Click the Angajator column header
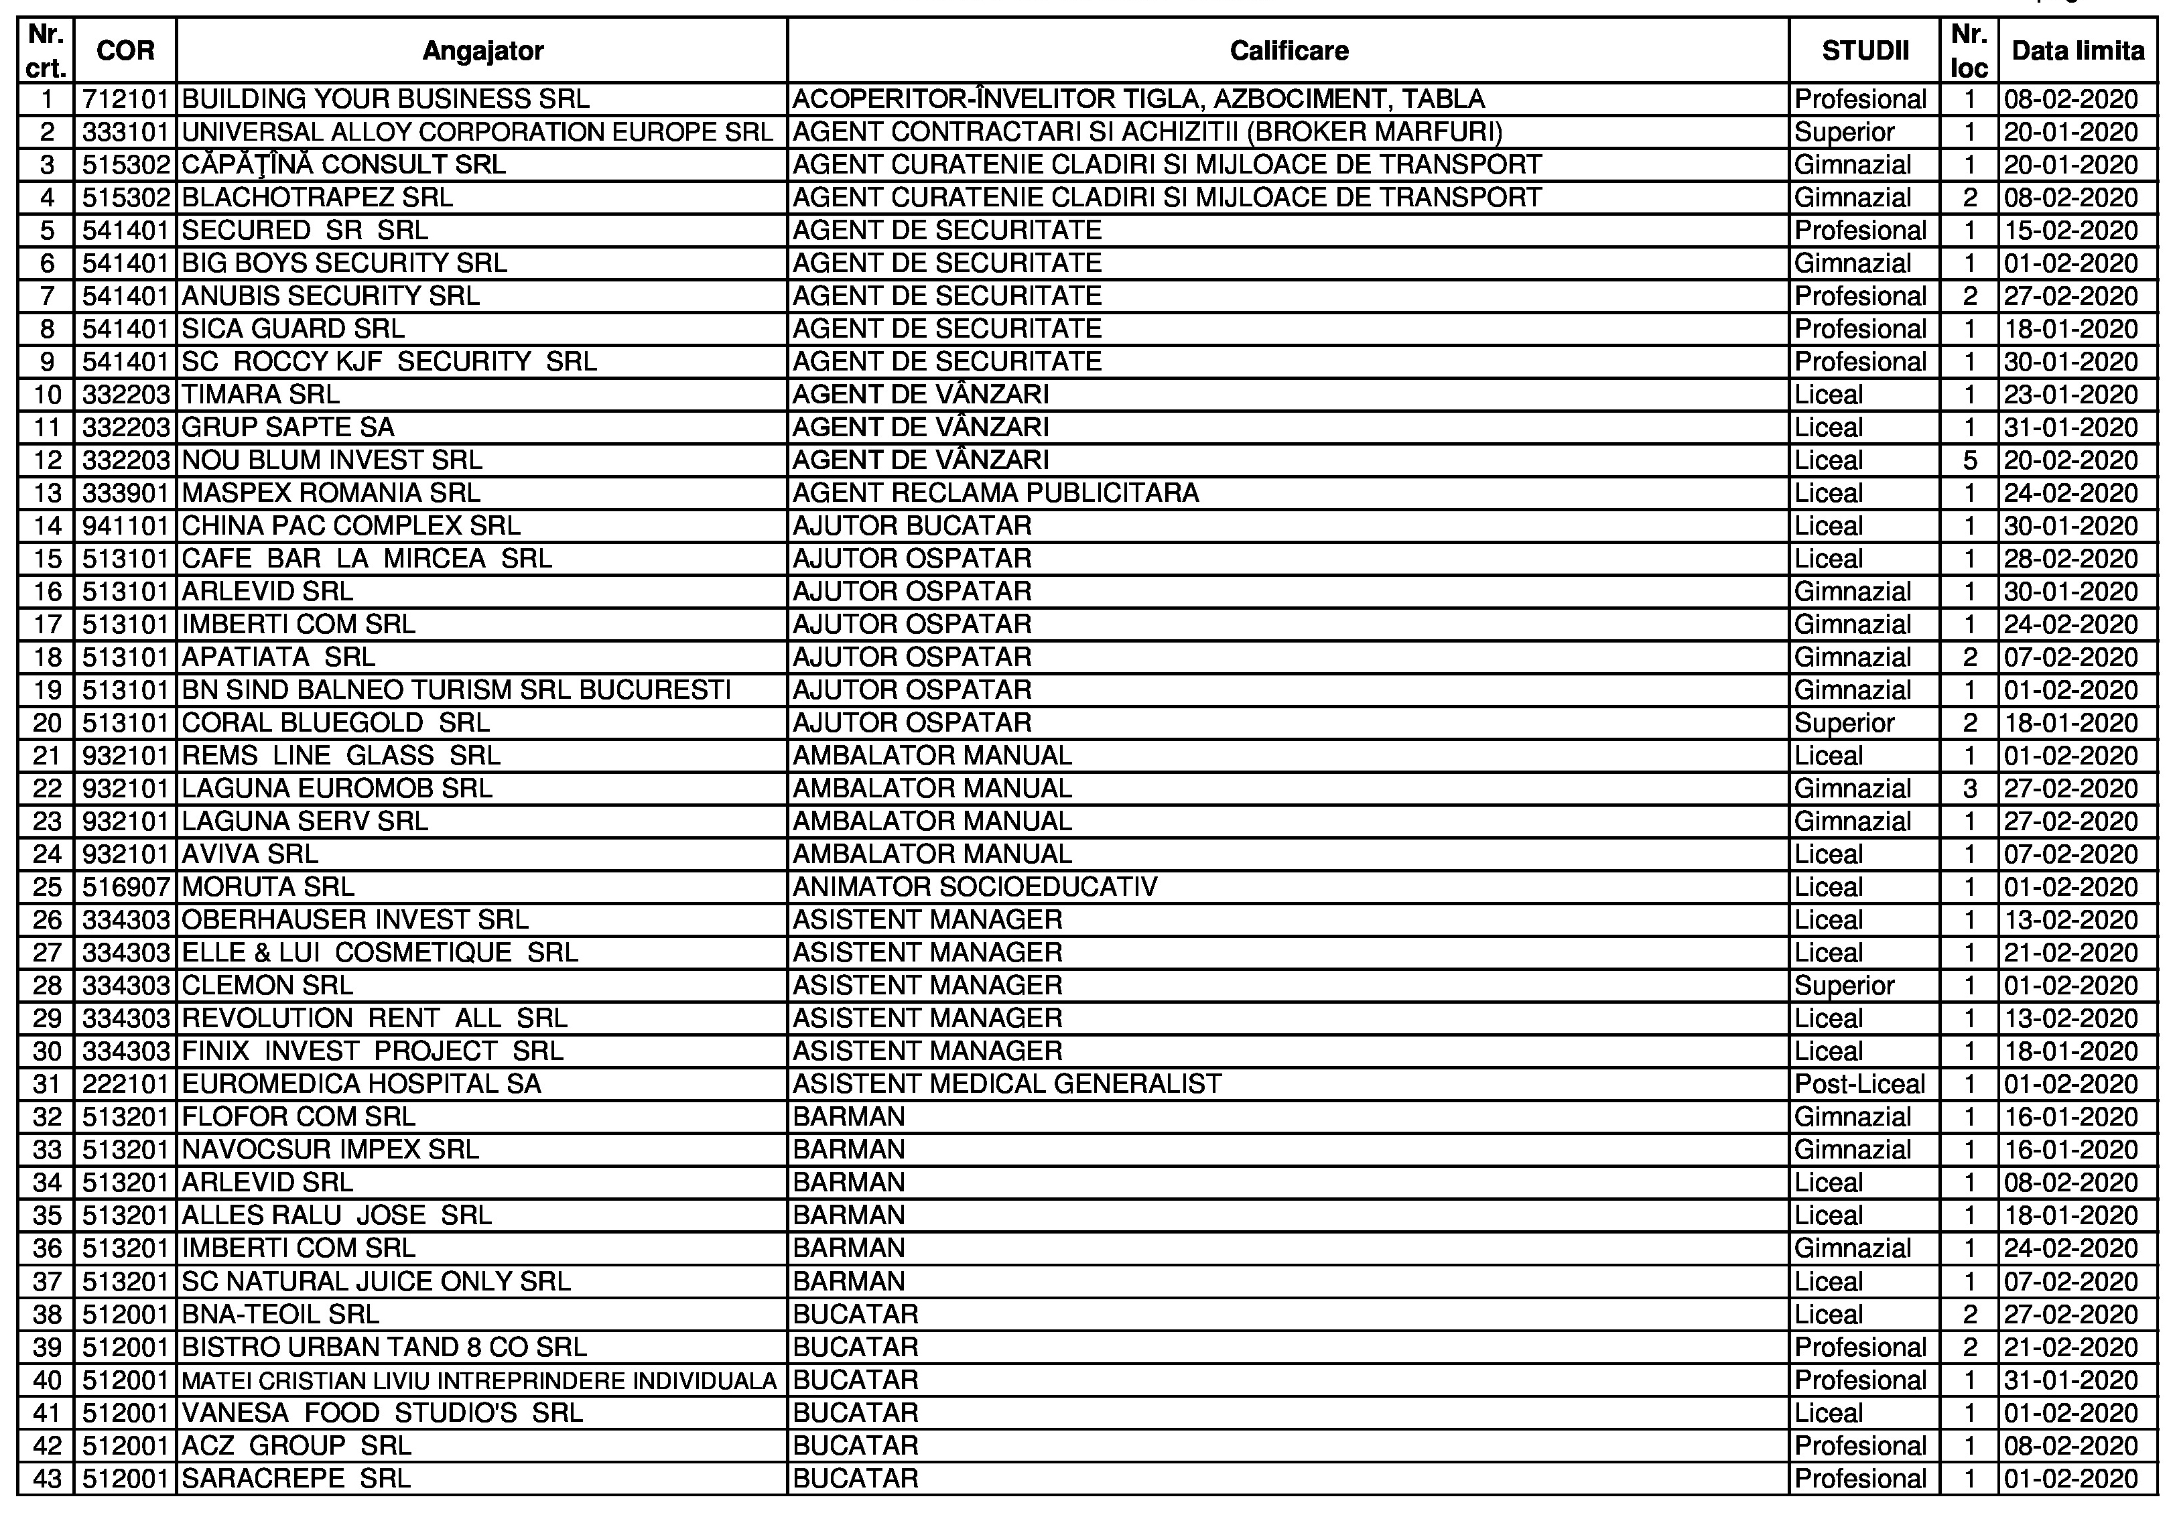click(482, 50)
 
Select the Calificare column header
click(1289, 50)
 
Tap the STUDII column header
click(1864, 50)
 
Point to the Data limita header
click(2077, 50)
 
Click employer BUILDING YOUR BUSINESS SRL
click(385, 99)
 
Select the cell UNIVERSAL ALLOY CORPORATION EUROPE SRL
click(478, 133)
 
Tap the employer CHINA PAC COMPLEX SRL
click(350, 525)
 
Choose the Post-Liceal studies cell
click(1859, 1084)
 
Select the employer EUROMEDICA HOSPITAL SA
click(361, 1084)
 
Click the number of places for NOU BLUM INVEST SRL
click(1969, 460)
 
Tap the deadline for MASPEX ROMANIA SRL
click(2070, 493)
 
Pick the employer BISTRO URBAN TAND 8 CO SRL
click(384, 1347)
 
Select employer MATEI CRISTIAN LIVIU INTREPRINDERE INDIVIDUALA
click(479, 1381)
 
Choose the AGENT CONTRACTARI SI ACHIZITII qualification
click(1147, 133)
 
